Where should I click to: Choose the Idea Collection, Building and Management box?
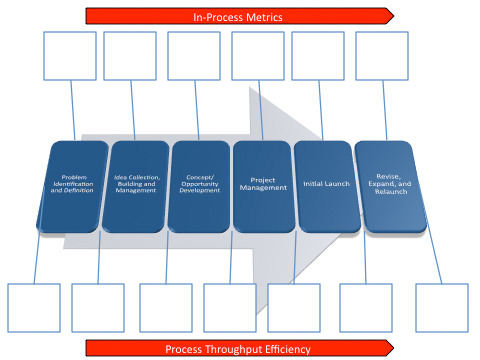137,186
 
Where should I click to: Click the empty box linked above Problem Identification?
70,56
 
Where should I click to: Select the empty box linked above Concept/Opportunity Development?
194,56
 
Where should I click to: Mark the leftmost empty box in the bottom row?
34,308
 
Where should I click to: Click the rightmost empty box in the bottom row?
441,308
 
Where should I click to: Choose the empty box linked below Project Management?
230,308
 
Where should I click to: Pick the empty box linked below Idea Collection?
98,308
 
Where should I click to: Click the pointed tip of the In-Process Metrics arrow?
392,16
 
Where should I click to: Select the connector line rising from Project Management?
260,112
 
